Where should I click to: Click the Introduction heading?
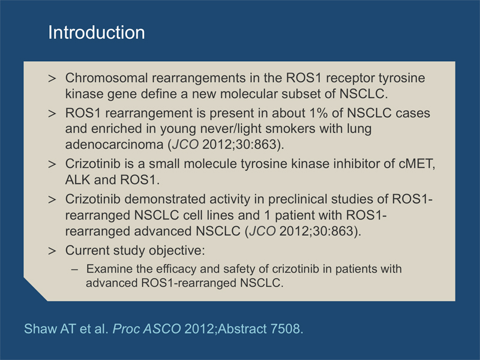pyautogui.click(x=97, y=32)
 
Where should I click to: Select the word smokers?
pyautogui.click(x=290, y=128)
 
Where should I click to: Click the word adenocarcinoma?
pyautogui.click(x=115, y=145)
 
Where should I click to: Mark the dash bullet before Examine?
pyautogui.click(x=74, y=269)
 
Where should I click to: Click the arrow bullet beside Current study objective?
pyautogui.click(x=52, y=251)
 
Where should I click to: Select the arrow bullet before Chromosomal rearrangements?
pyautogui.click(x=52, y=79)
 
